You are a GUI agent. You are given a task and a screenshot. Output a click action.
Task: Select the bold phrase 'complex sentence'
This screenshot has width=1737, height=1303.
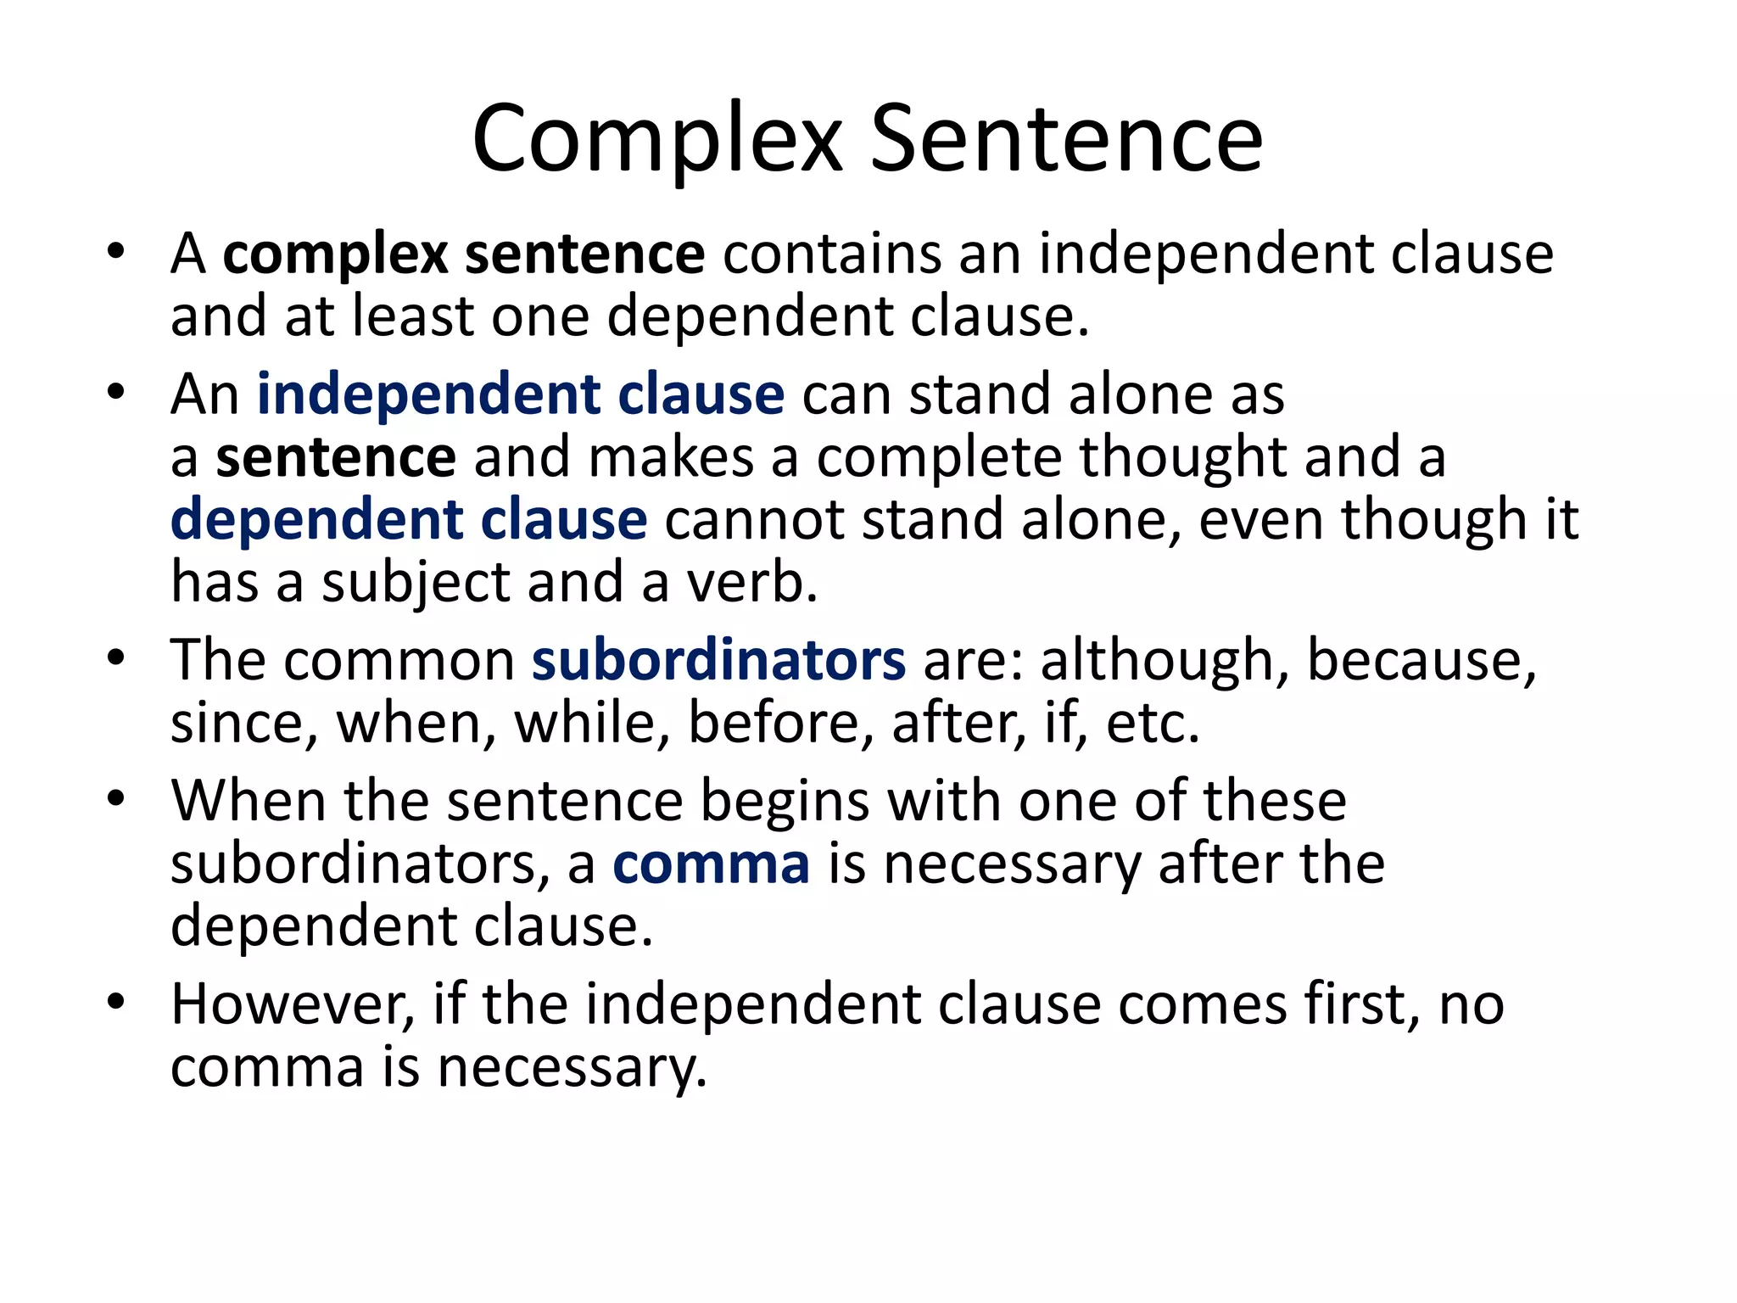463,254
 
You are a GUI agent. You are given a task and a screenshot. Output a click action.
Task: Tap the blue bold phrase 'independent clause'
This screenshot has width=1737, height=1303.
520,394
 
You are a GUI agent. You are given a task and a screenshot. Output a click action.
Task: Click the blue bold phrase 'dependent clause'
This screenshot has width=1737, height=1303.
409,519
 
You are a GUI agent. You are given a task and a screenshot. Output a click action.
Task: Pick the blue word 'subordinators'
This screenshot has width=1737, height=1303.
718,660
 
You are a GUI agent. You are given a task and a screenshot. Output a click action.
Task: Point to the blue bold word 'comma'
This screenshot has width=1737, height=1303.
711,864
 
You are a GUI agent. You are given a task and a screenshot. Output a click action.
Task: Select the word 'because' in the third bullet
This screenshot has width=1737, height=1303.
1418,660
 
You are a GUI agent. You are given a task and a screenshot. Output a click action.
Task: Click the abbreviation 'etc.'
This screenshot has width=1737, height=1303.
1153,724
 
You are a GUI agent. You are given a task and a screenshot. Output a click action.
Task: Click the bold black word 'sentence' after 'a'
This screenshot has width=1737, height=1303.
336,458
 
